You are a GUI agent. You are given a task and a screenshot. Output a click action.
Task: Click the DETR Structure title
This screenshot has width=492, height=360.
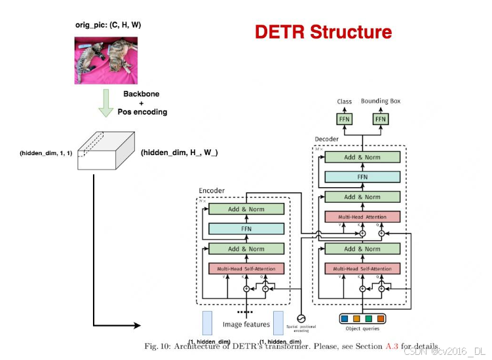323,32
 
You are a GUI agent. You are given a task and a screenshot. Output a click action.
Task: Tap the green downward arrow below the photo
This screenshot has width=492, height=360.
106,103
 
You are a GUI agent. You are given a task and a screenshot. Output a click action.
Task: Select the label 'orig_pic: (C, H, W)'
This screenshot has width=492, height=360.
108,25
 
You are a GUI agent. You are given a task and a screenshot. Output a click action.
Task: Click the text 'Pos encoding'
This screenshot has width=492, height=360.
142,112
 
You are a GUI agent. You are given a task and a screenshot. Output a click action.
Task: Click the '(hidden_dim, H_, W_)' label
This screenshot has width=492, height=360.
180,153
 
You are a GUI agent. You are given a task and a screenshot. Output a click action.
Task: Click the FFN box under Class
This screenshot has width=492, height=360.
345,119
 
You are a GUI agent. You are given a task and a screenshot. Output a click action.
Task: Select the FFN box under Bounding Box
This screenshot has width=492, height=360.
380,119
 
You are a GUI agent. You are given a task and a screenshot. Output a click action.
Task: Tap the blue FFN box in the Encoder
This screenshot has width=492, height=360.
246,229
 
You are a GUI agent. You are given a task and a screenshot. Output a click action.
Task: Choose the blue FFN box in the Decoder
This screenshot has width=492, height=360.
362,177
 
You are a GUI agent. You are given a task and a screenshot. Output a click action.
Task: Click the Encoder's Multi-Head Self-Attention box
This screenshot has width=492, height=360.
246,268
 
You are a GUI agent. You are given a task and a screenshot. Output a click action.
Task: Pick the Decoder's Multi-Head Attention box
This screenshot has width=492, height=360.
362,217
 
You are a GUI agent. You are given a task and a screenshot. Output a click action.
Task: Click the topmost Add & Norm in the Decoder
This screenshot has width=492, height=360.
362,157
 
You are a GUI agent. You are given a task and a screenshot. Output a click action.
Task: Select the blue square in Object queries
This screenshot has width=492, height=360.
345,319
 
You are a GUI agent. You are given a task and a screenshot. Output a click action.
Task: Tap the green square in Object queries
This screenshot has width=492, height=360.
368,319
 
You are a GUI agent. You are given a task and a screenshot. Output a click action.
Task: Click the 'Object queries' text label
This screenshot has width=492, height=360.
362,329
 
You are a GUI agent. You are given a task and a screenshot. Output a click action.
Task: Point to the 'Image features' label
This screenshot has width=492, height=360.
246,324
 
